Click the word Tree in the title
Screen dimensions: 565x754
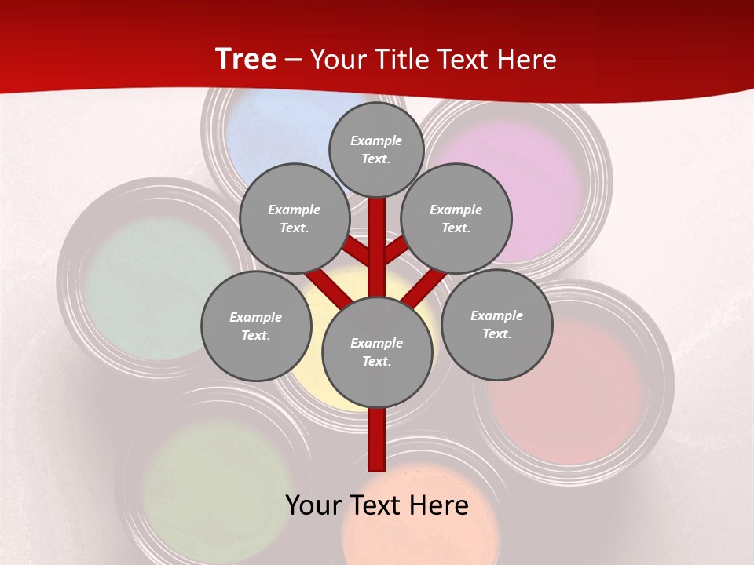246,60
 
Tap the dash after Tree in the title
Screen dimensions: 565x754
293,60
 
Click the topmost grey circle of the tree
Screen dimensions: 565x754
376,149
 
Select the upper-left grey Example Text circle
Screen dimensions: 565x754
295,218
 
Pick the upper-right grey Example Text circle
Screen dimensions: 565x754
456,218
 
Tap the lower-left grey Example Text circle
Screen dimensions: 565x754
256,326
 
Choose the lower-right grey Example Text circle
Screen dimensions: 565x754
496,324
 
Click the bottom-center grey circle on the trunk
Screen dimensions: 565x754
377,352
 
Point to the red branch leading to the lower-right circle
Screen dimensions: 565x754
425,286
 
